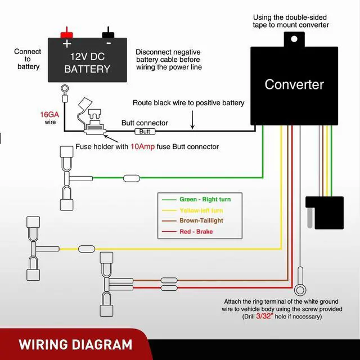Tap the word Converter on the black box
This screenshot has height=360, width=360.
[294, 85]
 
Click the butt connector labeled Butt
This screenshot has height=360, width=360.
[145, 131]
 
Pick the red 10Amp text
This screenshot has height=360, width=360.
[143, 147]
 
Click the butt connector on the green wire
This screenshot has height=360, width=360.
[132, 178]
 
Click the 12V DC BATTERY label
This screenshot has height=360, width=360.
[87, 63]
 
